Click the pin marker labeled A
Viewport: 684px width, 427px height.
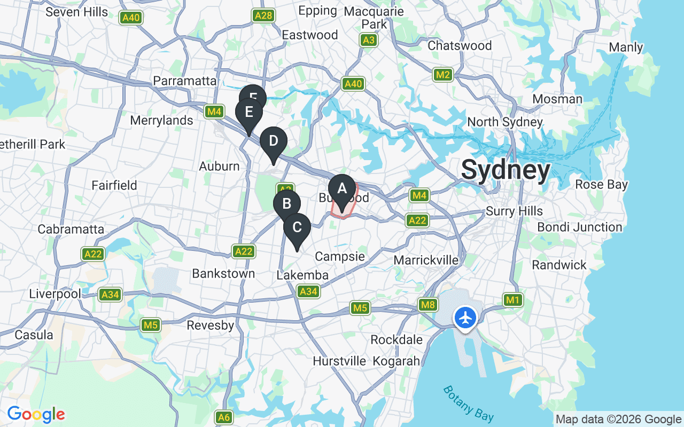tap(342, 189)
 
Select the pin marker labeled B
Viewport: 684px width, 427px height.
tap(286, 204)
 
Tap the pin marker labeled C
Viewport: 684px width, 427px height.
tap(297, 227)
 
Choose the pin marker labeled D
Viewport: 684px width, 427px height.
tap(274, 142)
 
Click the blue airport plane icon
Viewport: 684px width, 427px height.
tap(465, 318)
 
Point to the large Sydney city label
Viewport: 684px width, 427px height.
tap(506, 171)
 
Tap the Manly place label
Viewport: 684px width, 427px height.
tap(626, 47)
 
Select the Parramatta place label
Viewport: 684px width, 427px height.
tap(185, 81)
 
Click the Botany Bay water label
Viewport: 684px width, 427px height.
tap(469, 404)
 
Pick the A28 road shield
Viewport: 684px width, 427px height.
tap(264, 15)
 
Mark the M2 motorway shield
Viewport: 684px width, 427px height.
tap(442, 75)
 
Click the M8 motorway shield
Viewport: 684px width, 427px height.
tap(428, 305)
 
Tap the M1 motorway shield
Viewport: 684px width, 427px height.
tap(512, 300)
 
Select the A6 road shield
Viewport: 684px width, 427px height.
tap(224, 417)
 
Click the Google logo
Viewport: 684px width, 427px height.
tap(36, 414)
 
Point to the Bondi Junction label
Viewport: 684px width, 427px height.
tap(579, 227)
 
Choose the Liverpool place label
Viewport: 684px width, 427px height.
tap(55, 294)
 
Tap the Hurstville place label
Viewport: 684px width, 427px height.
tap(339, 361)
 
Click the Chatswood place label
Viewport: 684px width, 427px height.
tap(460, 46)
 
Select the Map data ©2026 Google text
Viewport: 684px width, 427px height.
tap(618, 420)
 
